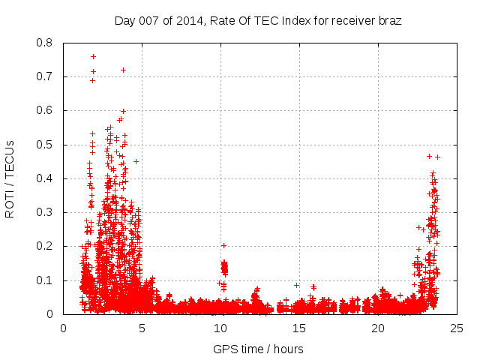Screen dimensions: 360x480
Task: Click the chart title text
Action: click(258, 20)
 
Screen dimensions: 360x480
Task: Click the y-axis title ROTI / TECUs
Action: click(10, 178)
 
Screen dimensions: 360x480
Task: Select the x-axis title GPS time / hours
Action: click(258, 349)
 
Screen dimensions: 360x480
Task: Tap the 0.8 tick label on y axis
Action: click(44, 43)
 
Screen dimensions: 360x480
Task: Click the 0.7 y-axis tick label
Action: click(44, 76)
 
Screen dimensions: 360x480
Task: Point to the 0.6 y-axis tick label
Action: click(44, 110)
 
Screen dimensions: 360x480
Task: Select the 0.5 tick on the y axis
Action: click(44, 145)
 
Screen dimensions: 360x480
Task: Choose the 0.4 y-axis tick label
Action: click(44, 178)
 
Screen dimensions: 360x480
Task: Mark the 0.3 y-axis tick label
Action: click(44, 212)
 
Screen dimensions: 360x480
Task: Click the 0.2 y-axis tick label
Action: click(44, 246)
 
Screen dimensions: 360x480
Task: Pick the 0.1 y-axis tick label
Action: click(44, 280)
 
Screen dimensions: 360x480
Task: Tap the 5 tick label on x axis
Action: click(142, 328)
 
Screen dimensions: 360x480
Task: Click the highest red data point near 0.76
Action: click(93, 56)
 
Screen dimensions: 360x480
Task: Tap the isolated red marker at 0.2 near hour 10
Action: click(223, 245)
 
